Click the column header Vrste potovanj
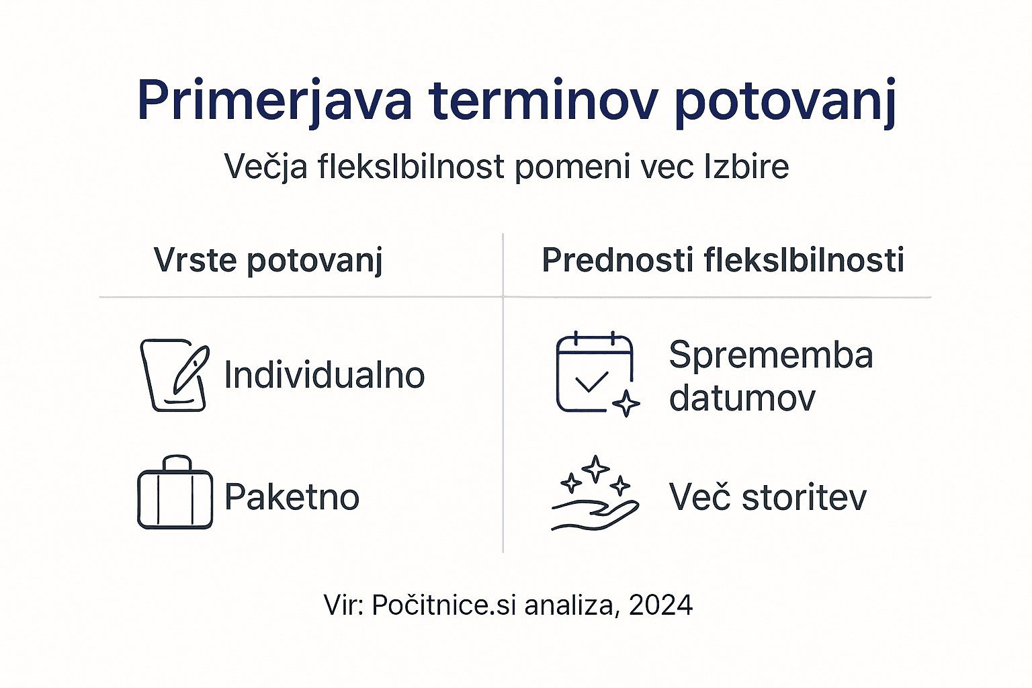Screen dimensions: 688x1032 pyautogui.click(x=268, y=260)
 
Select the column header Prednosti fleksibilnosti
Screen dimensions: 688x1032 pyautogui.click(x=722, y=260)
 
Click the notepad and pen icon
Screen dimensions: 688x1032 pyautogui.click(x=174, y=375)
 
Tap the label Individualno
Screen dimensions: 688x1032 pyautogui.click(x=324, y=375)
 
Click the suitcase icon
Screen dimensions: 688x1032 pyautogui.click(x=175, y=494)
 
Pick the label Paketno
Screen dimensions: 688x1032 pyautogui.click(x=292, y=497)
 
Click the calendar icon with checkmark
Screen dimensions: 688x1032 pyautogui.click(x=595, y=373)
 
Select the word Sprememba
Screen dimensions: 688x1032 pyautogui.click(x=771, y=355)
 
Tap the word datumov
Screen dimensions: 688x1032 pyautogui.click(x=742, y=398)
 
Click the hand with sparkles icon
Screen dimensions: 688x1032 pyautogui.click(x=595, y=494)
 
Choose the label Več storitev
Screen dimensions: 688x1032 pyautogui.click(x=767, y=497)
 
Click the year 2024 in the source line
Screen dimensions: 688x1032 pyautogui.click(x=660, y=605)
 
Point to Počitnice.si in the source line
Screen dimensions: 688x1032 pyautogui.click(x=443, y=605)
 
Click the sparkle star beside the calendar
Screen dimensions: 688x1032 pyautogui.click(x=626, y=403)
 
